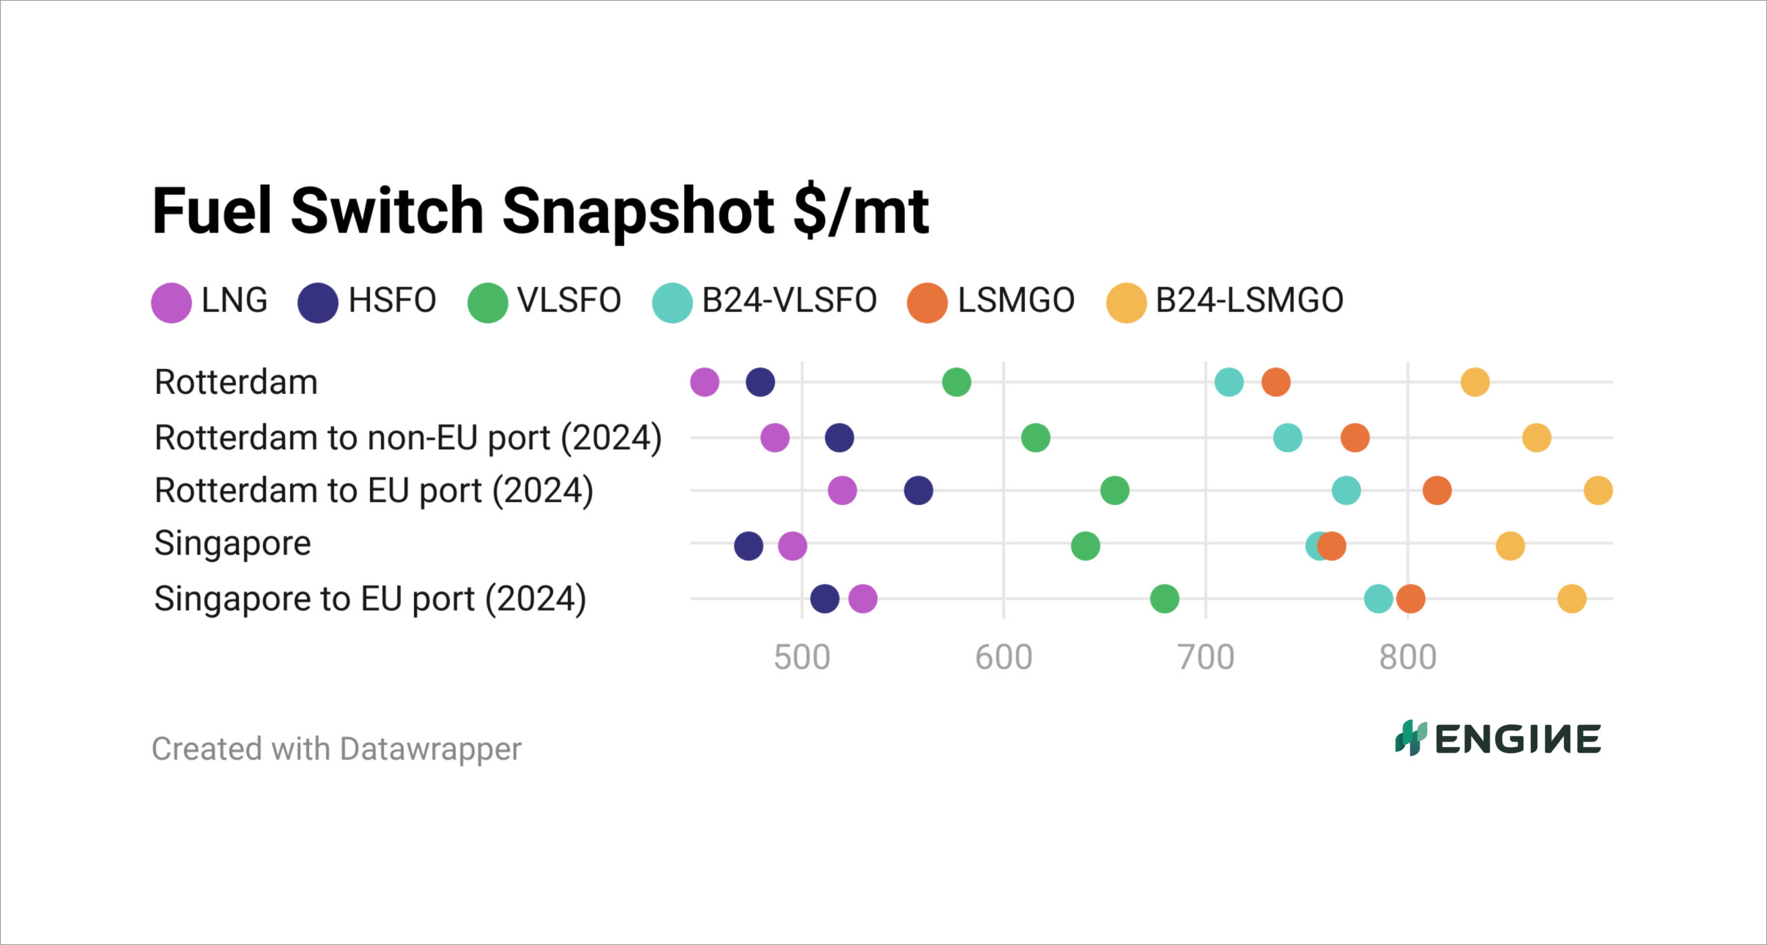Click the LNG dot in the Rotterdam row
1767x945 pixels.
[x=704, y=382]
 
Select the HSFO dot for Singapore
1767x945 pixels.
[x=748, y=546]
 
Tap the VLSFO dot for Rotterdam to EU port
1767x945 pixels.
[x=1114, y=490]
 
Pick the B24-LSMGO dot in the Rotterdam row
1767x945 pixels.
[x=1474, y=382]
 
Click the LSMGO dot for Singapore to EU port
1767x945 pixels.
[x=1410, y=599]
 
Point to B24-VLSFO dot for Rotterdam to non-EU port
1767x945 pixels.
[x=1287, y=437]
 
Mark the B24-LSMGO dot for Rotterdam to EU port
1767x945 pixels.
[x=1598, y=490]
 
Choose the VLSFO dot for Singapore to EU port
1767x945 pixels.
[x=1164, y=599]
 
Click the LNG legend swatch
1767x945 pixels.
[x=171, y=303]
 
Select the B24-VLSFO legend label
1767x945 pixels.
[x=789, y=301]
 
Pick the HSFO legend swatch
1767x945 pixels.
[x=318, y=303]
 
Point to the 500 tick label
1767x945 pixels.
[x=801, y=657]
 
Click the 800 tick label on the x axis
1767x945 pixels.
[x=1407, y=657]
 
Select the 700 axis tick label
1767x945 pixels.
[x=1206, y=657]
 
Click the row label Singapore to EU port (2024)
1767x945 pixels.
[x=370, y=599]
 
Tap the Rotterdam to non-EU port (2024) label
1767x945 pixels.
[x=408, y=437]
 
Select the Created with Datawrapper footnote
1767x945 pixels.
[x=336, y=749]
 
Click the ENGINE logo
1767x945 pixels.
[x=1497, y=739]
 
